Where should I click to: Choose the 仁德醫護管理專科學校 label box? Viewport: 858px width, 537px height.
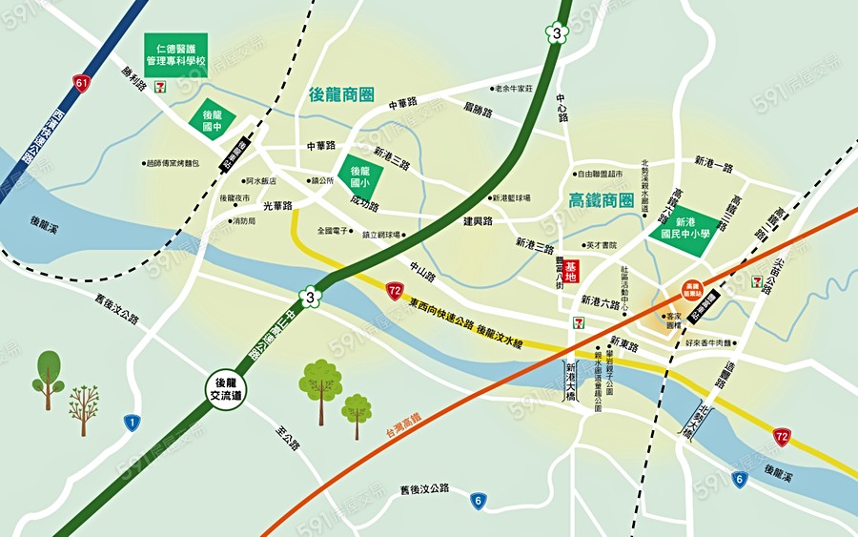[175, 55]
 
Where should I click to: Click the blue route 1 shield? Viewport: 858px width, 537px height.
[132, 422]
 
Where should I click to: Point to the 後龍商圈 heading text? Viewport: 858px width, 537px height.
[341, 95]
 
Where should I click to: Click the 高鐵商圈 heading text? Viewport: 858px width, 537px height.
[601, 200]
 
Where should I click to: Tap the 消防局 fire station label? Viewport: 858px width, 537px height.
[243, 220]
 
